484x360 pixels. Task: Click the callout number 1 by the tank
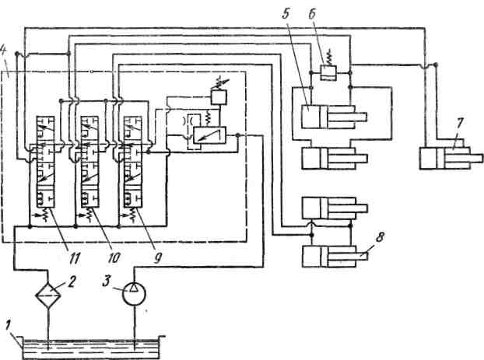pyautogui.click(x=9, y=326)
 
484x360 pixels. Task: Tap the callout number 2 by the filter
pyautogui.click(x=72, y=281)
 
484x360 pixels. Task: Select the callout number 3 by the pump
pyautogui.click(x=107, y=281)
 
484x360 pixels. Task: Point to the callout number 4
pyautogui.click(x=4, y=54)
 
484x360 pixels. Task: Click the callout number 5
pyautogui.click(x=286, y=13)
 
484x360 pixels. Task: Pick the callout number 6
pyautogui.click(x=312, y=14)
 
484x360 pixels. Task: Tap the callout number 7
pyautogui.click(x=460, y=124)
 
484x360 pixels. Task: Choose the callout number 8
pyautogui.click(x=381, y=237)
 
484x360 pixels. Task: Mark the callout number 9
pyautogui.click(x=157, y=258)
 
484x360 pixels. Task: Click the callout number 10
pyautogui.click(x=114, y=258)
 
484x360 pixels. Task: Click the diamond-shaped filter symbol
pyautogui.click(x=47, y=294)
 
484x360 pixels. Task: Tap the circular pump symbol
pyautogui.click(x=134, y=294)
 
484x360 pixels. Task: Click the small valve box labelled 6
pyautogui.click(x=327, y=73)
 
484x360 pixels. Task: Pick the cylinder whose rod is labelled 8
pyautogui.click(x=335, y=256)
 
